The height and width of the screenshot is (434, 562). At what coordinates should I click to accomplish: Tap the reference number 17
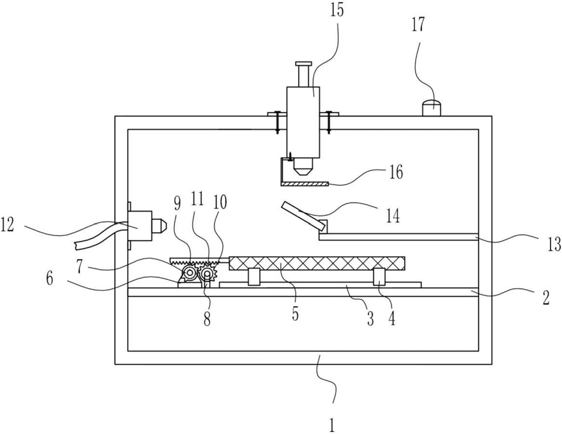click(418, 26)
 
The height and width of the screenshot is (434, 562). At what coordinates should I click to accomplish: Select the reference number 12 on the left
click(8, 225)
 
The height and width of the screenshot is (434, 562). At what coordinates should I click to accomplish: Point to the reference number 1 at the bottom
click(332, 425)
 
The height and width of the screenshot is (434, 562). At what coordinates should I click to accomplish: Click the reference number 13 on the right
click(554, 244)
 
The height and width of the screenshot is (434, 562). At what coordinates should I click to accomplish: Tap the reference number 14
click(393, 215)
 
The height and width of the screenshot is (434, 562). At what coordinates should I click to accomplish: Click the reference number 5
click(295, 313)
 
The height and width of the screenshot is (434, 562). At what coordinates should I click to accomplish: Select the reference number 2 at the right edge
click(546, 298)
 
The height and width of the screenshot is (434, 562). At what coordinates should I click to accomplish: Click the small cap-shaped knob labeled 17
click(432, 108)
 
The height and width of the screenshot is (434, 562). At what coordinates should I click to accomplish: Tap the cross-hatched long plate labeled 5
click(317, 263)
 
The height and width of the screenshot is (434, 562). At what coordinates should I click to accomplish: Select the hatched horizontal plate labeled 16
click(305, 184)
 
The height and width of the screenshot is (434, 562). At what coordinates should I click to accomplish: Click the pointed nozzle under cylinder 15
click(303, 166)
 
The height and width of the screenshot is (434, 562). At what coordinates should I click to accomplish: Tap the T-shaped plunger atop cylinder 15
click(304, 74)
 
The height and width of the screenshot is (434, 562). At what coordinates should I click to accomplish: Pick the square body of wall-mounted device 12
click(140, 226)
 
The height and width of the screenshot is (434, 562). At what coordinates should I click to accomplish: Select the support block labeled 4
click(379, 277)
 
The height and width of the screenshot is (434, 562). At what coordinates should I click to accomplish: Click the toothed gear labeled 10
click(207, 274)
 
